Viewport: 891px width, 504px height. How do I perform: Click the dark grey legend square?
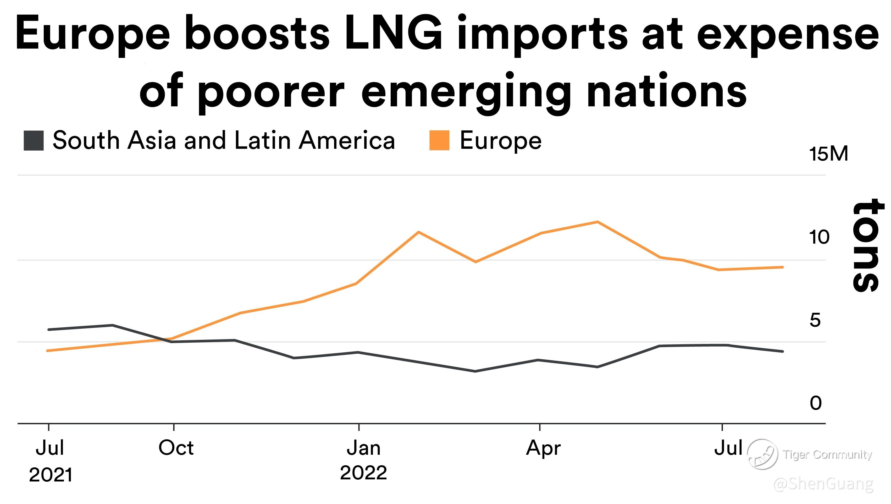(x=34, y=140)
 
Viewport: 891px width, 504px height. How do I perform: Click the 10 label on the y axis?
(x=819, y=237)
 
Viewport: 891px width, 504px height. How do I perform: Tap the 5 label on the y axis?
(x=815, y=320)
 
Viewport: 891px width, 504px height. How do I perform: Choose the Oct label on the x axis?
(x=176, y=448)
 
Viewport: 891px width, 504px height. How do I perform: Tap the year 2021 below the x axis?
(x=51, y=475)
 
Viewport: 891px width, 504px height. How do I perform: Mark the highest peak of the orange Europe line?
(x=598, y=222)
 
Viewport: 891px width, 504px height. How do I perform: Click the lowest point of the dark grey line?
(x=475, y=371)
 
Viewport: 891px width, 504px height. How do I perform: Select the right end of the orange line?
(x=782, y=267)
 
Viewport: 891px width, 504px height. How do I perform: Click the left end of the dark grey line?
(x=49, y=330)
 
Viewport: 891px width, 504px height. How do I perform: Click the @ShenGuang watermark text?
(x=823, y=484)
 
